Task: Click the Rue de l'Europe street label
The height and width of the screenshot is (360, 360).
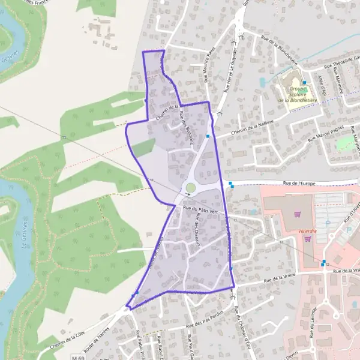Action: coord(299,184)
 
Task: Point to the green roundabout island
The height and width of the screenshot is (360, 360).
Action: coord(190,188)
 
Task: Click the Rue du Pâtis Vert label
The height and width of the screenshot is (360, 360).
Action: coord(200,211)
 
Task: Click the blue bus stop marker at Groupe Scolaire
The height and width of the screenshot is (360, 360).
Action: coord(304,83)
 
